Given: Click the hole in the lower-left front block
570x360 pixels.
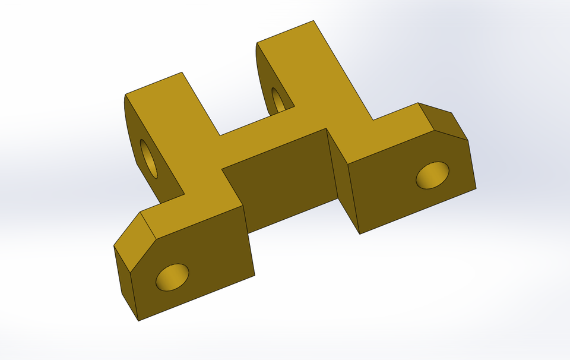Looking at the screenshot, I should point(172,277).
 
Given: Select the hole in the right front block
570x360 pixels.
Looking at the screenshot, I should point(432,175).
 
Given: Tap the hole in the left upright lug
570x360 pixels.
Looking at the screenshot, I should point(149,159).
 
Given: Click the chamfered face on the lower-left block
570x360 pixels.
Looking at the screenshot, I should point(134,242).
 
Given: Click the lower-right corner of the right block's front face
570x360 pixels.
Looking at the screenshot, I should point(476,189).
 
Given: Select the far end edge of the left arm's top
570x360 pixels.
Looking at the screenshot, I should point(154,83).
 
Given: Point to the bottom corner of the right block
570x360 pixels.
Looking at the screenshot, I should point(360,233).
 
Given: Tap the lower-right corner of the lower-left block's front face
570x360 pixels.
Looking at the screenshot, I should point(255,275).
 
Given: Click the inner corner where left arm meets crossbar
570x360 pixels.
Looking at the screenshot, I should point(220,135).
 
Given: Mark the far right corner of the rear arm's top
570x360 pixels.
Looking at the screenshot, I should point(314,21).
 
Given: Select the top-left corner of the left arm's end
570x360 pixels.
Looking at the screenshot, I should point(125,94).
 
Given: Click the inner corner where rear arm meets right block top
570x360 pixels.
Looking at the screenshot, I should point(373,120).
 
